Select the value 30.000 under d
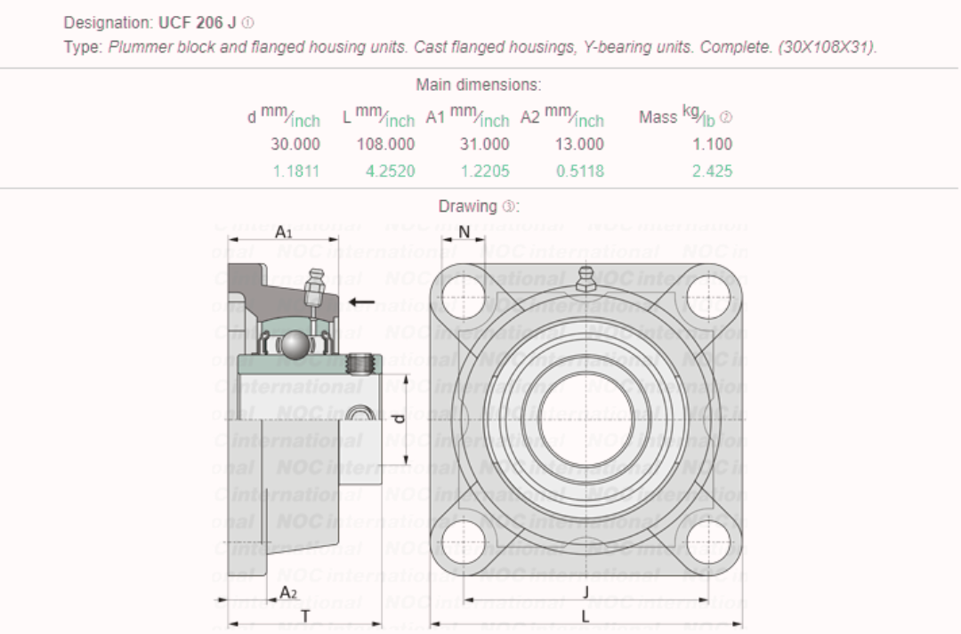(295, 144)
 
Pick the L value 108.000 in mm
(385, 144)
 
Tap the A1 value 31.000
(485, 144)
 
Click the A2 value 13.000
(579, 144)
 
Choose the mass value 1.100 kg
(712, 144)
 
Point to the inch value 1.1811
(295, 171)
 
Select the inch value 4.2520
(390, 171)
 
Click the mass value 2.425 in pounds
(712, 171)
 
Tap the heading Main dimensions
(478, 85)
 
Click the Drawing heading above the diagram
(478, 206)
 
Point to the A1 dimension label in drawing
(283, 232)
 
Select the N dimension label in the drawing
(464, 232)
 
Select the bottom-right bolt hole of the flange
(709, 541)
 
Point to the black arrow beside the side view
(360, 302)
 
